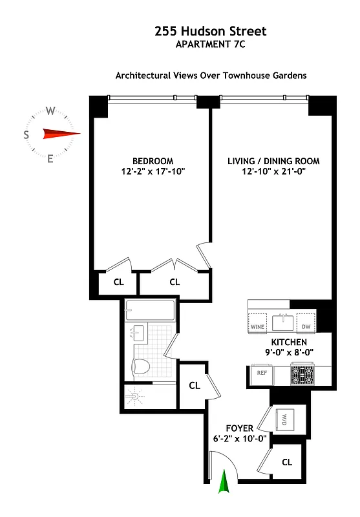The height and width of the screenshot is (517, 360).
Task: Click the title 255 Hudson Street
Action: point(210,31)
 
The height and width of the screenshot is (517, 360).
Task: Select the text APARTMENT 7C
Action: point(210,45)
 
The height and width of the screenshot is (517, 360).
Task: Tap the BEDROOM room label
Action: point(153,161)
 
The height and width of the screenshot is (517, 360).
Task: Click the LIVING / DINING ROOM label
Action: point(273,161)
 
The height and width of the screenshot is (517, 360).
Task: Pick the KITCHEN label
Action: point(289,342)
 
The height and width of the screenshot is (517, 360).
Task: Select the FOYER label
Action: point(239,428)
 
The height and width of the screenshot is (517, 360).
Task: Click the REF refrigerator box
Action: point(262,373)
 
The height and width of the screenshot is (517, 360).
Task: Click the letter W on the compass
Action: point(50,111)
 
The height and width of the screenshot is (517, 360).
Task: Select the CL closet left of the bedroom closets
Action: point(118,282)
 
